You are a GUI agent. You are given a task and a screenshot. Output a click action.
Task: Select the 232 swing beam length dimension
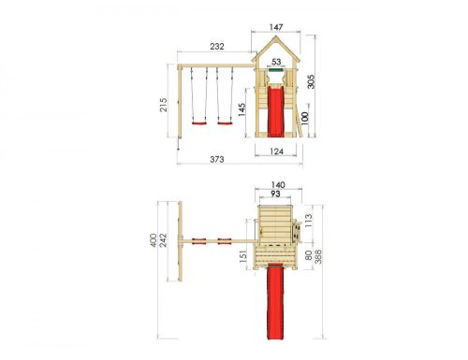click(x=216, y=47)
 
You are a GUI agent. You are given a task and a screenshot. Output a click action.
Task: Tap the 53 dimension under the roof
click(x=275, y=62)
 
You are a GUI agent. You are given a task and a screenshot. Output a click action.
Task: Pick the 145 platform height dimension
click(x=241, y=109)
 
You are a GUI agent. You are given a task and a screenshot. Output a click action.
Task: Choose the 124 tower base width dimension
click(x=275, y=150)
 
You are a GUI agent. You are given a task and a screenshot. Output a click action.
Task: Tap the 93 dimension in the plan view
click(x=275, y=194)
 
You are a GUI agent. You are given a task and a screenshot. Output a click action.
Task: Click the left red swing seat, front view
click(x=197, y=121)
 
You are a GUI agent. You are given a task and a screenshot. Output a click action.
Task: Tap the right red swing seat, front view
click(x=224, y=121)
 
